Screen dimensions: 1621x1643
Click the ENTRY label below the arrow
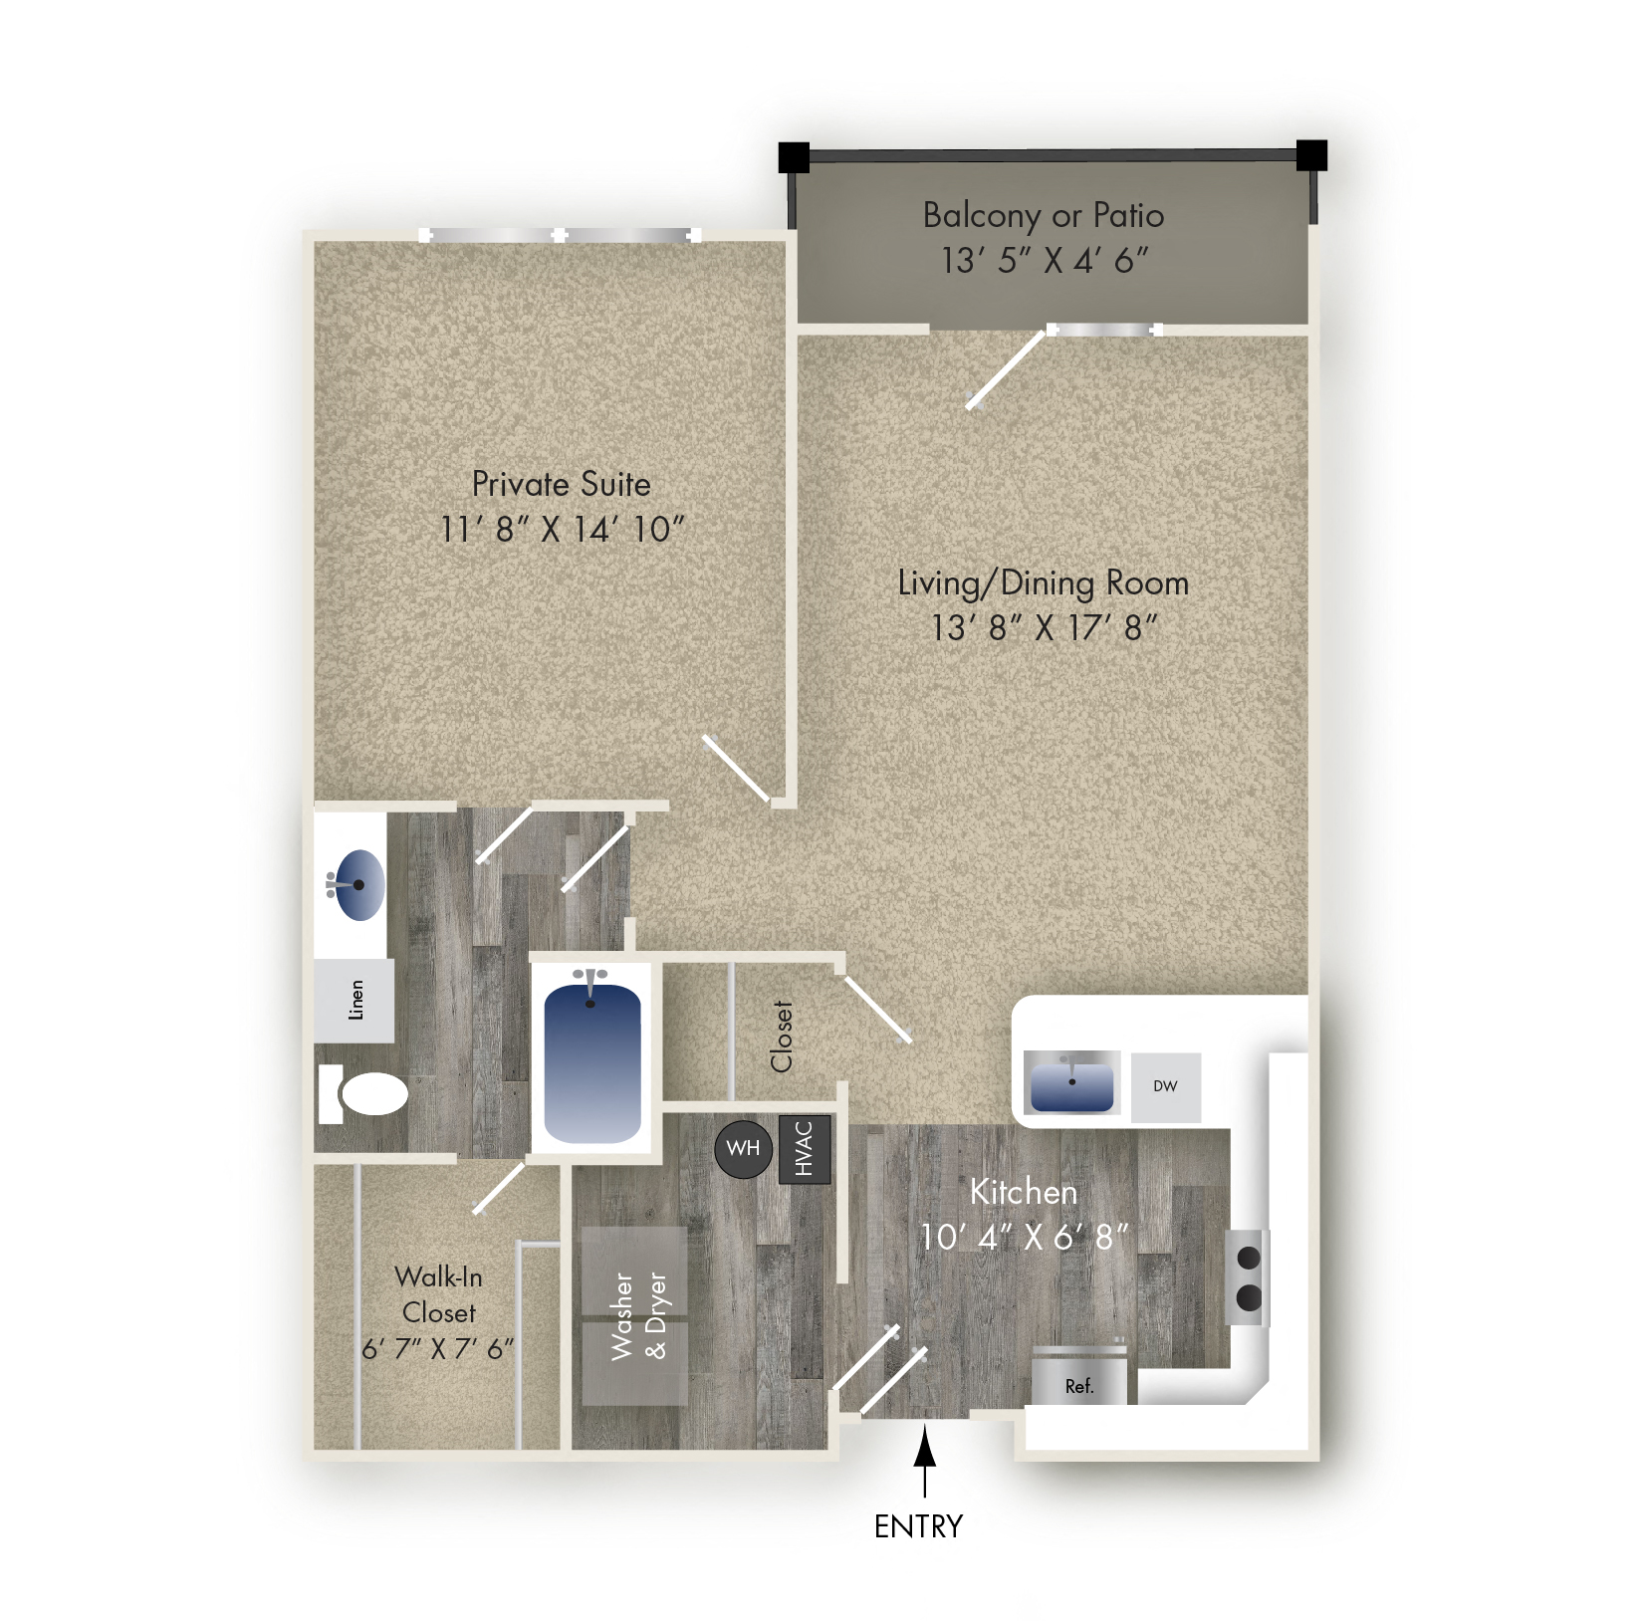(x=918, y=1526)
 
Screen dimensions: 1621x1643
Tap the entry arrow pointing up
(x=925, y=1459)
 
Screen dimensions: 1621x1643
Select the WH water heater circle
(x=743, y=1149)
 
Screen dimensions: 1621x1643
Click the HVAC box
(x=805, y=1148)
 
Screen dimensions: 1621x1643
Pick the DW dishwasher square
(x=1165, y=1086)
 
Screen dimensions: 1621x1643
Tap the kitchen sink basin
(x=1071, y=1084)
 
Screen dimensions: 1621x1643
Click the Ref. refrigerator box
(x=1079, y=1384)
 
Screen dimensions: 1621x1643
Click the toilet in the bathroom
(x=368, y=1094)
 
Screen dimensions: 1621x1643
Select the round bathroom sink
(x=356, y=884)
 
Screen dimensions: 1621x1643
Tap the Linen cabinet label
(x=355, y=1000)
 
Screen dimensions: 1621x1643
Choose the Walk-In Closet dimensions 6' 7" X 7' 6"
(x=438, y=1349)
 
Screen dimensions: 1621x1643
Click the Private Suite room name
(x=561, y=484)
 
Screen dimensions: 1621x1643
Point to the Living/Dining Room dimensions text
(x=1045, y=628)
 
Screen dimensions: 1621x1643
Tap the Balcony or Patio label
(x=1043, y=215)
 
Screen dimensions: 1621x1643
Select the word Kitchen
(x=1024, y=1192)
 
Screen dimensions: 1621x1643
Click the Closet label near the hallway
(x=782, y=1037)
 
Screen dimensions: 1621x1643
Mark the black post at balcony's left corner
(x=794, y=156)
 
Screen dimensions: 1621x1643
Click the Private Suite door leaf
(x=738, y=768)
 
